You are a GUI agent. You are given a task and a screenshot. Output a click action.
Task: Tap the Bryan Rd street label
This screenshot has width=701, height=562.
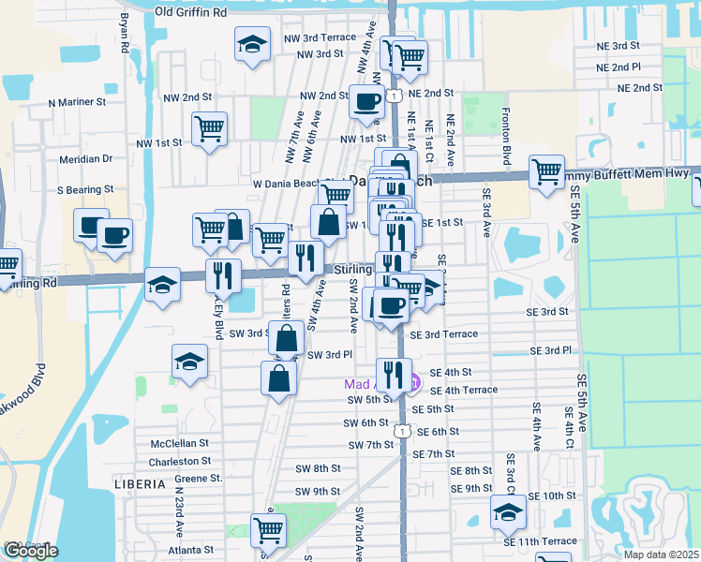click(x=124, y=33)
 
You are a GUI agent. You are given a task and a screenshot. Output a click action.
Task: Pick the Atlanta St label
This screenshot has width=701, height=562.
click(x=190, y=550)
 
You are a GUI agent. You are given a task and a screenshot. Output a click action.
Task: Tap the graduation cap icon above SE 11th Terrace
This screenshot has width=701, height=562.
click(x=508, y=511)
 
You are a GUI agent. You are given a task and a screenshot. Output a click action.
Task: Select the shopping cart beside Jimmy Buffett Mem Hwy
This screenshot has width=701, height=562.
click(x=546, y=170)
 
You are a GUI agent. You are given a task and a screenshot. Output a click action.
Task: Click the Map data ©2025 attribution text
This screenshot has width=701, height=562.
click(x=660, y=555)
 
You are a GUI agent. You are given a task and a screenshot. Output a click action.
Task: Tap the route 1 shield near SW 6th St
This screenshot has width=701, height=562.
click(x=401, y=431)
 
